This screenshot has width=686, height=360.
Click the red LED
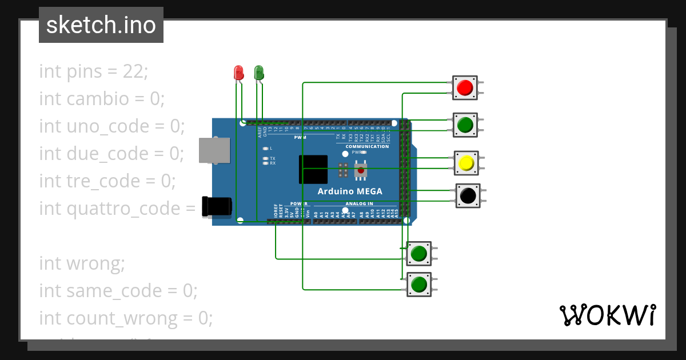coord(238,72)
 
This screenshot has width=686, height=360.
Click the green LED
coord(258,72)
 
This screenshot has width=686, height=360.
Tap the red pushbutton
coord(465,87)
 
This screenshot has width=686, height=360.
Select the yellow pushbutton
coord(466,163)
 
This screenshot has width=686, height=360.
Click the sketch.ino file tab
coord(101,25)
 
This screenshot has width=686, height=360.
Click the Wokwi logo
coord(607,315)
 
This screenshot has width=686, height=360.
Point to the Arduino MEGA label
coord(350,191)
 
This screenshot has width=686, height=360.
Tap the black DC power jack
coord(217,206)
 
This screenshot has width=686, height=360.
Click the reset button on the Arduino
coord(360,170)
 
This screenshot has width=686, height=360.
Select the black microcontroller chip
coord(313,170)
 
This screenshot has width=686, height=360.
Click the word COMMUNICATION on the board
coord(367,147)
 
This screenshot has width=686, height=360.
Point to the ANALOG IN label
coord(359,203)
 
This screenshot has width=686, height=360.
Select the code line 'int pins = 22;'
coord(93,71)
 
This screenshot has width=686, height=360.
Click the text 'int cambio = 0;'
coord(102,99)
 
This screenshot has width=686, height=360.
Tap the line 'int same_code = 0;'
coord(118,291)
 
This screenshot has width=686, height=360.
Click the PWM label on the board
coord(300,138)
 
